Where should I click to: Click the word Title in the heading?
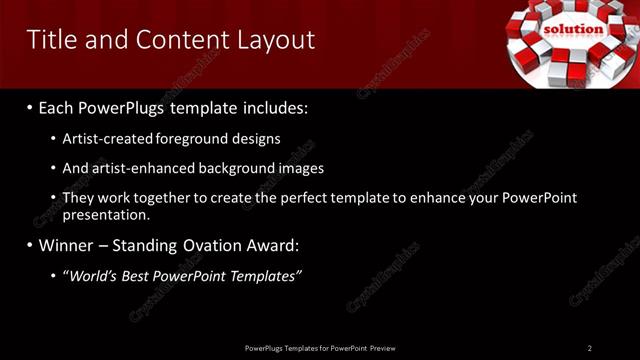[50, 39]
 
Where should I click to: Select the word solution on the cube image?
[574, 29]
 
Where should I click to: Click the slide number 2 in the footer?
[590, 348]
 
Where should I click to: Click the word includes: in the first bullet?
[274, 106]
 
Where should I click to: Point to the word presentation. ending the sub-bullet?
[106, 215]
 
